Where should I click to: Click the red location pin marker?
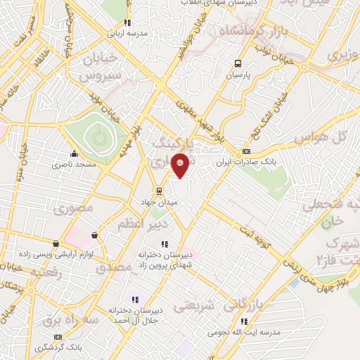pyautogui.click(x=181, y=165)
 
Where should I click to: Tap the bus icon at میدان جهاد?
pyautogui.click(x=160, y=190)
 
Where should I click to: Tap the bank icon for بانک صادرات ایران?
pyautogui.click(x=246, y=151)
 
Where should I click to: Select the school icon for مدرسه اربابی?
pyautogui.click(x=127, y=22)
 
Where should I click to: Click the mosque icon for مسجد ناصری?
pyautogui.click(x=74, y=153)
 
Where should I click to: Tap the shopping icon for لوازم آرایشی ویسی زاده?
pyautogui.click(x=95, y=235)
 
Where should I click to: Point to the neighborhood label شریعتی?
pyautogui.click(x=191, y=307)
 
